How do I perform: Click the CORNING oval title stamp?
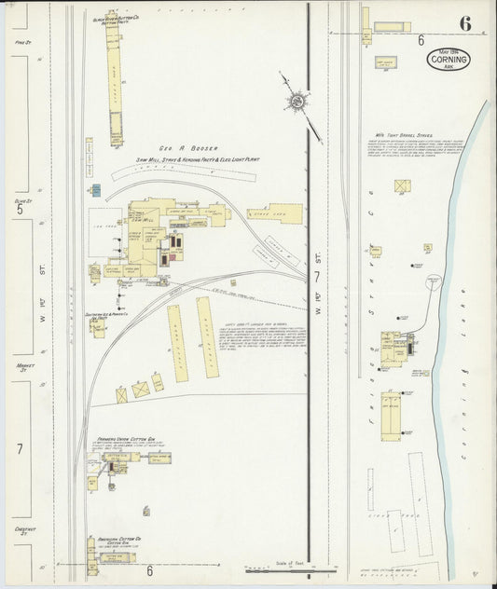point(449,61)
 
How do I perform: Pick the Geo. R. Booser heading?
point(174,147)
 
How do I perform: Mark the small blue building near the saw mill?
point(95,190)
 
